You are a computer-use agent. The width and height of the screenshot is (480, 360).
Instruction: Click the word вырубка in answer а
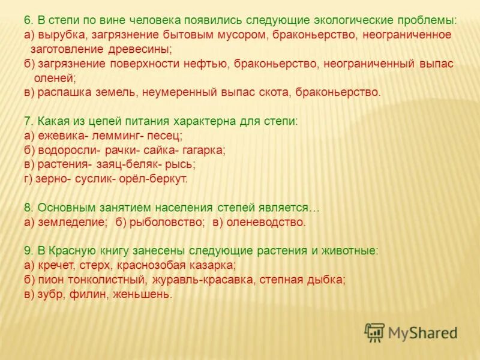coord(64,35)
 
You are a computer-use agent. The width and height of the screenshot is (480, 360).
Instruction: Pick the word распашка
coord(64,92)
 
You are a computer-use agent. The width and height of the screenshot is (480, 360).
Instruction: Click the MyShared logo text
coord(422,332)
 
